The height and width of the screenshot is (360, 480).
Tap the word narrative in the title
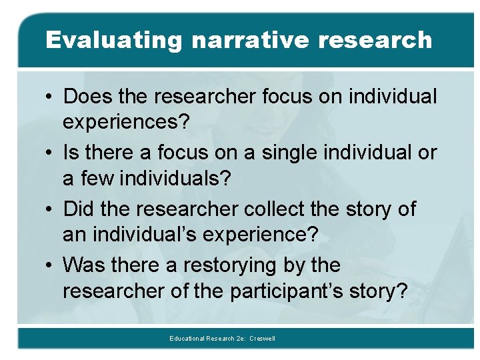(250, 40)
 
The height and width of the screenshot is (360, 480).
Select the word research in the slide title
(375, 40)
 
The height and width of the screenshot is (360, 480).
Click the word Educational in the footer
(188, 339)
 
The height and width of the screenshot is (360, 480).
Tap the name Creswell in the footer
(262, 339)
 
